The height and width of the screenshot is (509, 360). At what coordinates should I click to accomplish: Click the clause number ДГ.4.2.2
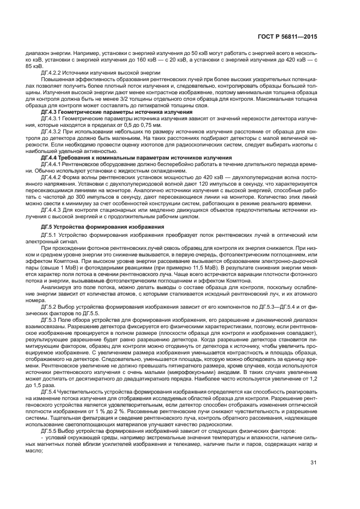52,71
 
